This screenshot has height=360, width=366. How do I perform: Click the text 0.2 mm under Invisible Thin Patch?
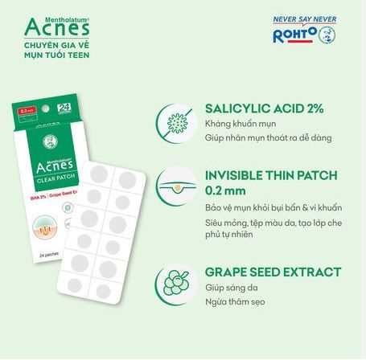coord(224,191)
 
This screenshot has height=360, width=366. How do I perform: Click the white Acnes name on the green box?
coord(56,171)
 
